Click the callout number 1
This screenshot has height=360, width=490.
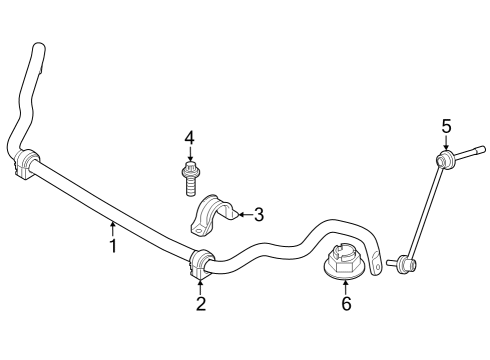[x=113, y=245]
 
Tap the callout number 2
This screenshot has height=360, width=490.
[x=200, y=304]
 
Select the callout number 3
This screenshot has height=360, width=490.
[x=258, y=213]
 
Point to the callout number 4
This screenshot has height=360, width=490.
[x=188, y=137]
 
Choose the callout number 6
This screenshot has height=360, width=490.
[x=346, y=304]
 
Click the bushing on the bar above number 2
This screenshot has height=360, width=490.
[x=201, y=264]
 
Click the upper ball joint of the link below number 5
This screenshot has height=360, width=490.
[x=442, y=159]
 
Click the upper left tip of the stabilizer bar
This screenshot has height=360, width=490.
[x=39, y=51]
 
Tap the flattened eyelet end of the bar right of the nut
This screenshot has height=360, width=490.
[x=375, y=266]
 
